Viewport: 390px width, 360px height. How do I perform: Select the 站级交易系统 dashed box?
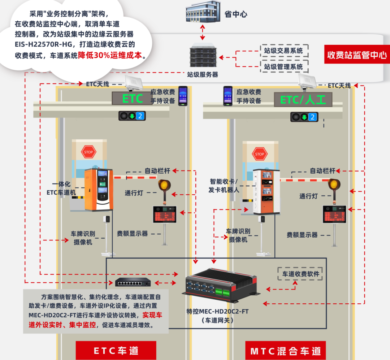pyautogui.click(x=284, y=51)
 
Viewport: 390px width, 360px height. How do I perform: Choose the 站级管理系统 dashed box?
pyautogui.click(x=284, y=67)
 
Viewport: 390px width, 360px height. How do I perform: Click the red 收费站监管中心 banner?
pyautogui.click(x=356, y=55)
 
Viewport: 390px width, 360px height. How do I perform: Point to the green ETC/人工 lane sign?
pyautogui.click(x=303, y=99)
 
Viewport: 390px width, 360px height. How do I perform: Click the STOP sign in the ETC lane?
pyautogui.click(x=88, y=152)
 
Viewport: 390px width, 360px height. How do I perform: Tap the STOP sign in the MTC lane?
pyautogui.click(x=259, y=154)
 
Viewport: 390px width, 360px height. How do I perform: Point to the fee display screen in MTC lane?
pyautogui.click(x=334, y=214)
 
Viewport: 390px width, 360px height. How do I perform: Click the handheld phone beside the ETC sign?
pyautogui.click(x=183, y=96)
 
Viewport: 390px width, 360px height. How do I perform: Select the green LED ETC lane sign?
pyautogui.click(x=132, y=99)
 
